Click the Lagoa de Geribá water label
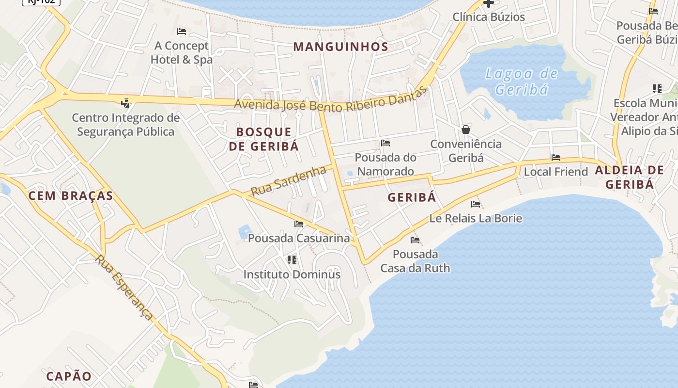pos(522,81)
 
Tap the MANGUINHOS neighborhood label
pos(341,47)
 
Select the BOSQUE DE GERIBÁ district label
pos(264,139)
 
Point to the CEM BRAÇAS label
pos(71,196)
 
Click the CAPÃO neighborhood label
pos(69,376)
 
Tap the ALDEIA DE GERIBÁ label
pos(630,177)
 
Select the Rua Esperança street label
pos(124,287)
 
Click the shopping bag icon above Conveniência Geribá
pos(466,129)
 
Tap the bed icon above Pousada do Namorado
pos(385,143)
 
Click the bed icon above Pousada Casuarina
pos(299,224)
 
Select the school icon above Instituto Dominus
pos(292,260)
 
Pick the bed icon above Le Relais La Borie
pos(476,204)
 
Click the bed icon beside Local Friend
pos(556,158)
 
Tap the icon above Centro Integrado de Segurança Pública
pos(125,103)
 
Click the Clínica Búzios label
pos(489,17)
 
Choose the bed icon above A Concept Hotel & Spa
pos(182,32)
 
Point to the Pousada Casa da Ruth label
pos(415,261)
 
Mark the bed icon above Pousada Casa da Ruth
pos(415,240)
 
